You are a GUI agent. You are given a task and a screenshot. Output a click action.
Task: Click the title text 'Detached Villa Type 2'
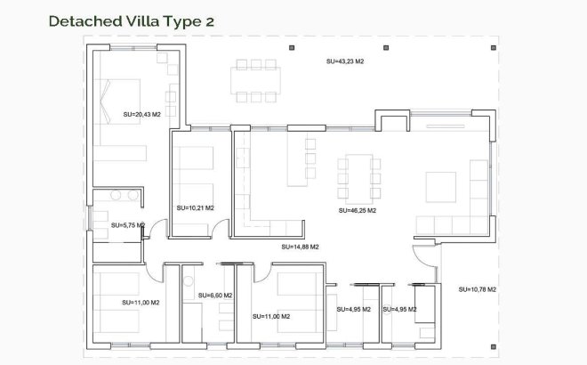[131, 20]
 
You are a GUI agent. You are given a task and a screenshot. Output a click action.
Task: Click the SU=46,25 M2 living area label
[358, 211]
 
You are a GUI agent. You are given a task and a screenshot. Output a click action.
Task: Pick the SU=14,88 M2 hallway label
[300, 247]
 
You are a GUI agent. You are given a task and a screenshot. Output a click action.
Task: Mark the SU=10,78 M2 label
[478, 289]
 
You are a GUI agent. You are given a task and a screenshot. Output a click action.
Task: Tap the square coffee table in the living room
[442, 186]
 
